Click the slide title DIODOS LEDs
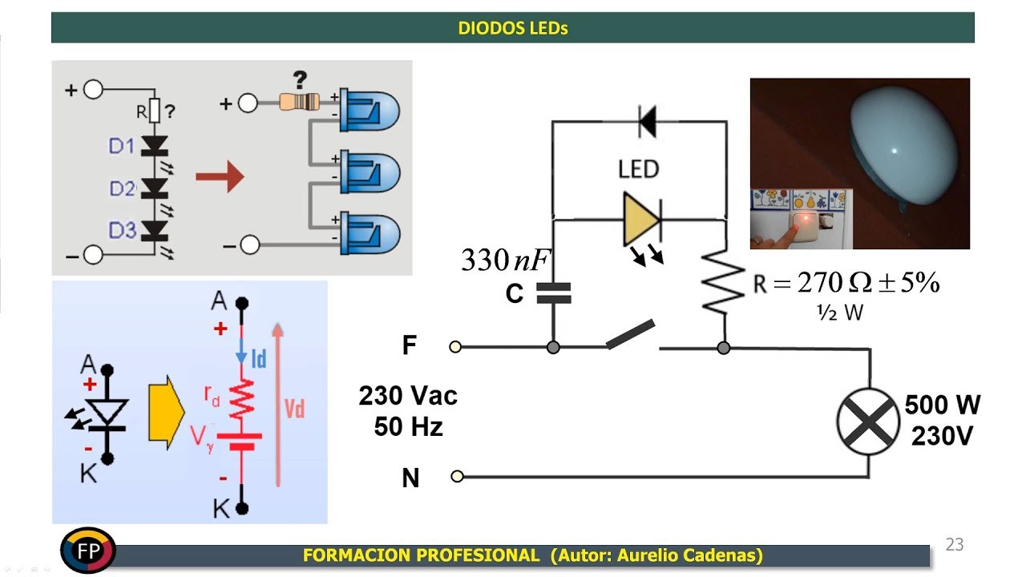pos(512,28)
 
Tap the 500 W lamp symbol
pos(868,422)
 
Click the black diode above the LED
pos(647,122)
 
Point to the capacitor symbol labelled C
pos(553,294)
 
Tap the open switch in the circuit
pos(631,335)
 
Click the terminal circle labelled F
pos(455,347)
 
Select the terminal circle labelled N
pos(457,476)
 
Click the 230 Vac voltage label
pos(408,396)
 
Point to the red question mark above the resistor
pos(300,80)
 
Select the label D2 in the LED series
pos(122,189)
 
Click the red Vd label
pos(295,410)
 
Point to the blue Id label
pos(259,359)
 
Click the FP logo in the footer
pos(88,551)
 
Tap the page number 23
pos(954,545)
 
